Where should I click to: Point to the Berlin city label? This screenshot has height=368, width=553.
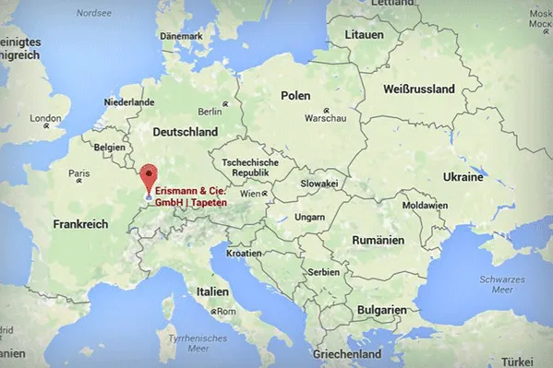click(x=210, y=111)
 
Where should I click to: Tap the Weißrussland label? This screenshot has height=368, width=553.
click(x=418, y=89)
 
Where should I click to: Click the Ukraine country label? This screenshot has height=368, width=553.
click(x=463, y=176)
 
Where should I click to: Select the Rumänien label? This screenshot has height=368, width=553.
click(x=379, y=240)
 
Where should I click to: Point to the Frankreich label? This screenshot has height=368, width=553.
click(x=81, y=224)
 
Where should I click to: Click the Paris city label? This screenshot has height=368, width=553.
click(x=79, y=173)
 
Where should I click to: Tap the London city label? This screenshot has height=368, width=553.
click(x=45, y=118)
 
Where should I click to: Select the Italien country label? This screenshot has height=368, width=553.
click(x=211, y=291)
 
